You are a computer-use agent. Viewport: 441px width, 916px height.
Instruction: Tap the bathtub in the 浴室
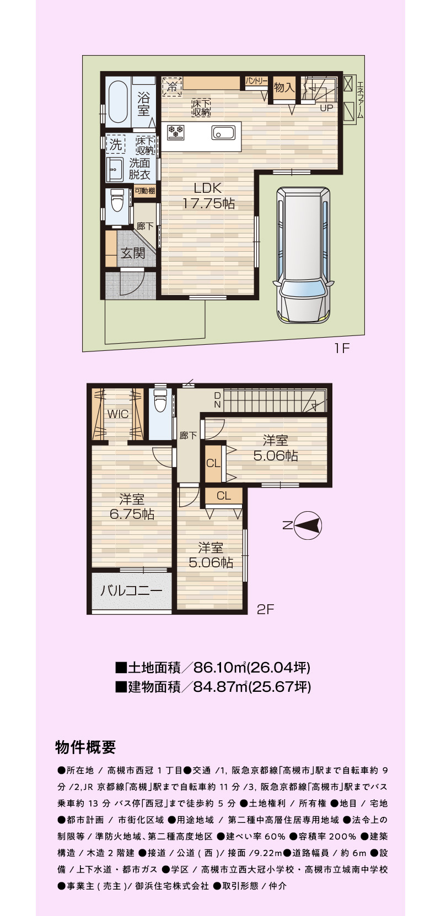click(118, 101)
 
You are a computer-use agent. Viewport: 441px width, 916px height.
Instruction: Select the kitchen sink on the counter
click(223, 133)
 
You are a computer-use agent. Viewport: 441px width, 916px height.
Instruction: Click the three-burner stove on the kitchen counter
click(175, 132)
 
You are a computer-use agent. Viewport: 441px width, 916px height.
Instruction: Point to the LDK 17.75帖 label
click(208, 196)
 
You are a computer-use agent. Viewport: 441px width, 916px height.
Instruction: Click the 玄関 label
click(132, 253)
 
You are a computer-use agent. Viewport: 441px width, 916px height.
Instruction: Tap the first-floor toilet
click(117, 201)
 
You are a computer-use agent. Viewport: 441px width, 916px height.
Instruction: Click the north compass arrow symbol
click(308, 525)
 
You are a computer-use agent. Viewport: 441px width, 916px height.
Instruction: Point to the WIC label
click(118, 414)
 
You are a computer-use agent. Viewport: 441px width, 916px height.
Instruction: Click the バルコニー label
click(131, 590)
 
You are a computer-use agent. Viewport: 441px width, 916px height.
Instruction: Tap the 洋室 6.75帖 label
click(132, 507)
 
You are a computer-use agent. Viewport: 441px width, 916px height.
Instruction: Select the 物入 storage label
click(284, 87)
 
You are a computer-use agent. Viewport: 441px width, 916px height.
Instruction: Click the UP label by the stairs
click(326, 108)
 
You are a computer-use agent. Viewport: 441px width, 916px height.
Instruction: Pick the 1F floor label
click(342, 348)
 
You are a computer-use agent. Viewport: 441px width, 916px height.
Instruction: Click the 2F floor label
click(265, 609)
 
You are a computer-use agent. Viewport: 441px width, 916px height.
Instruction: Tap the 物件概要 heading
click(85, 747)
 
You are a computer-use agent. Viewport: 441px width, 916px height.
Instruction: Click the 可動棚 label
click(145, 191)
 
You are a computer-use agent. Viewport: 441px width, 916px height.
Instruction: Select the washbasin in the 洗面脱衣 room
click(115, 169)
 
